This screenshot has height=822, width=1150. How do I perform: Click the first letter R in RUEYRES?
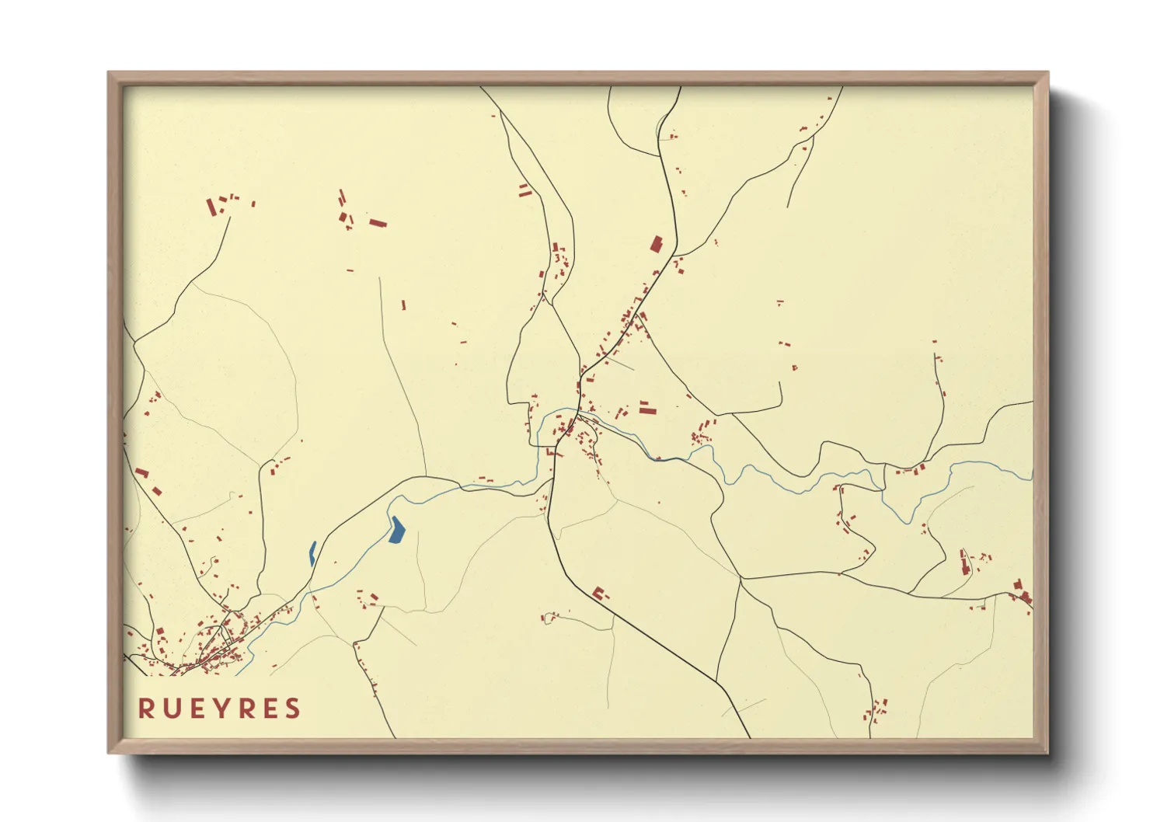[x=145, y=709]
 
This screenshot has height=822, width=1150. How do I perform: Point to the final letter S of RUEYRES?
[x=292, y=709]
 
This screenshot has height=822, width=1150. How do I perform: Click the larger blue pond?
[x=397, y=530]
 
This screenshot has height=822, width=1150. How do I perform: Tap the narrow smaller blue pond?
[x=312, y=552]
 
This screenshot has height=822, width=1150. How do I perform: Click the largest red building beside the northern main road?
[x=657, y=244]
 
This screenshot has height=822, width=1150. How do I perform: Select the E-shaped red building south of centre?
[x=599, y=594]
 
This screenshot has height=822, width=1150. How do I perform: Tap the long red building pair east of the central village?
[x=646, y=407]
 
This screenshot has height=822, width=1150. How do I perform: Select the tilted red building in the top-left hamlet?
[x=211, y=207]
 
